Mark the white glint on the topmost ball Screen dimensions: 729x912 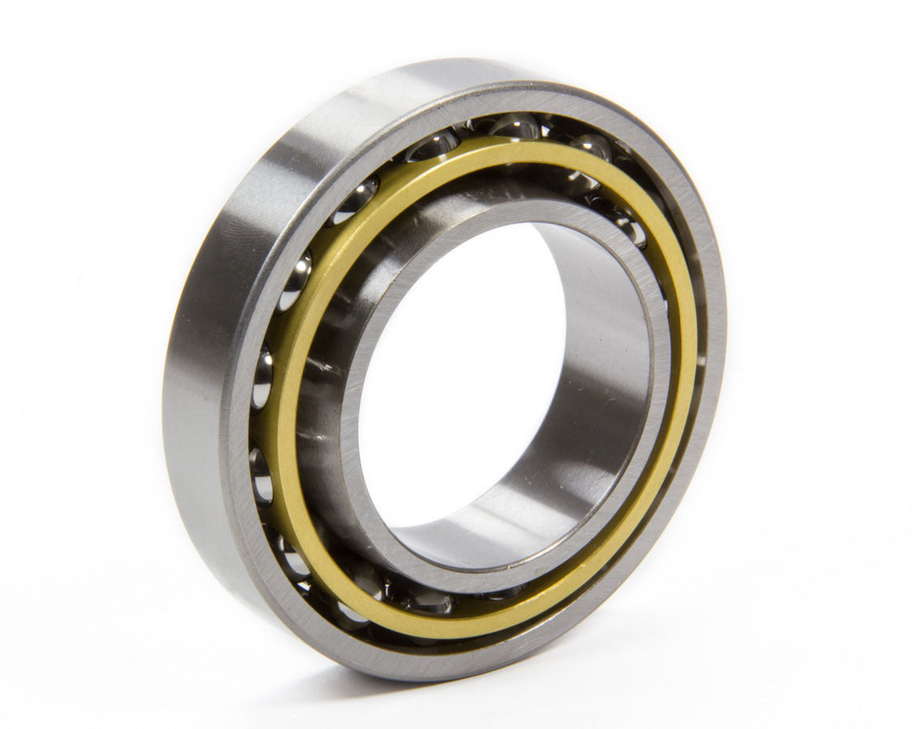507,123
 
